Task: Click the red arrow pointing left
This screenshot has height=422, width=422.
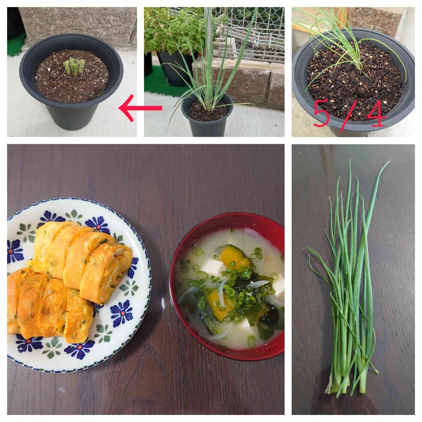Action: coord(140,108)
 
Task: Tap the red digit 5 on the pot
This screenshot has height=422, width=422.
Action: coord(322,114)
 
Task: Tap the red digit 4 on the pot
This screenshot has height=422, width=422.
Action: coord(376,114)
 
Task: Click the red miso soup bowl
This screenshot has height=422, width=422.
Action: coord(227,286)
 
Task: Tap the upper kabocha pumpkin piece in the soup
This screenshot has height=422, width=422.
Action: coord(235,257)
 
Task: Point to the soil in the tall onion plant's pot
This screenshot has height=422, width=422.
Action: coord(207,110)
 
